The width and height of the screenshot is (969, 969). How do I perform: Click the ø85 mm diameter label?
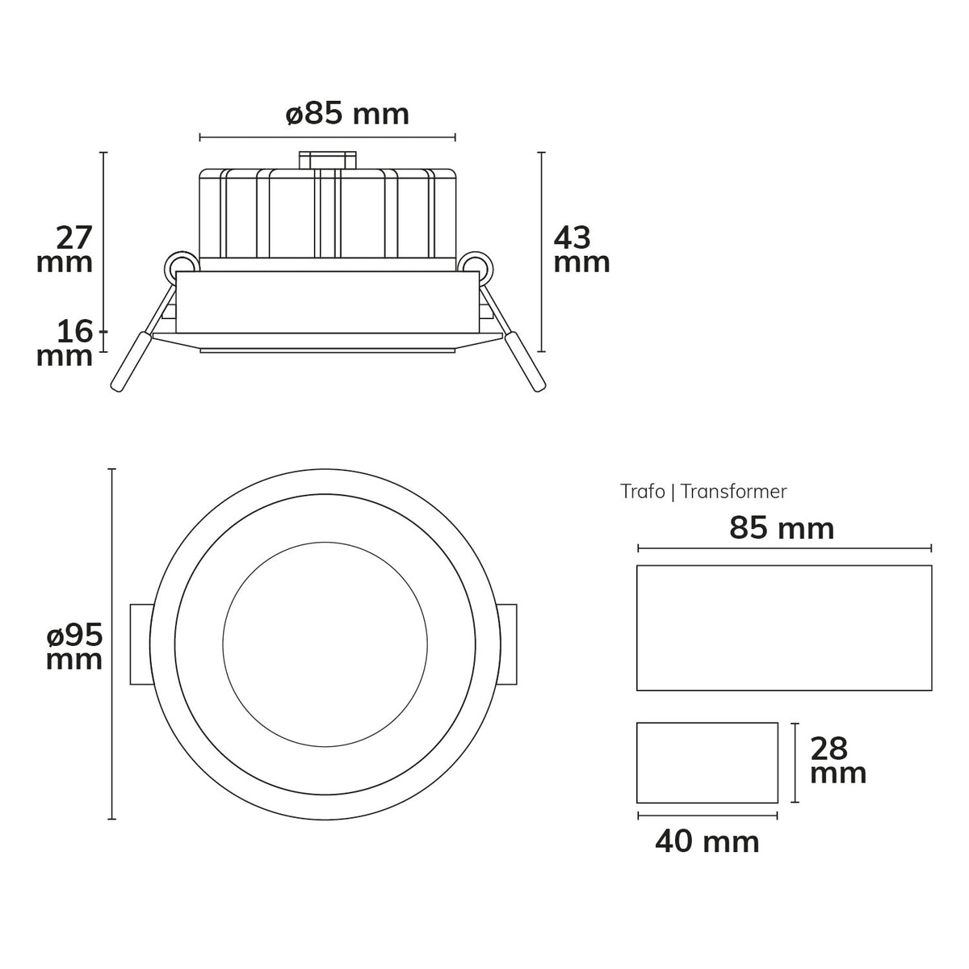click(x=347, y=114)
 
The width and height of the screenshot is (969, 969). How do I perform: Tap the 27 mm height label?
click(x=65, y=250)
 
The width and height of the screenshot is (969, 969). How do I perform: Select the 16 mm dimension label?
click(x=65, y=343)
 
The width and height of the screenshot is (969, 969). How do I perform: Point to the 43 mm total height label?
click(x=581, y=250)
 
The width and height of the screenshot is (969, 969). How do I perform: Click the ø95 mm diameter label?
click(x=74, y=646)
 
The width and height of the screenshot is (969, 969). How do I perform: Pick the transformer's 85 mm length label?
click(x=782, y=528)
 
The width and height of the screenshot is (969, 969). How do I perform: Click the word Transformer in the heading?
click(x=733, y=491)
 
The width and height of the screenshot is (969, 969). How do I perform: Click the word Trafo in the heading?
click(x=642, y=491)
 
